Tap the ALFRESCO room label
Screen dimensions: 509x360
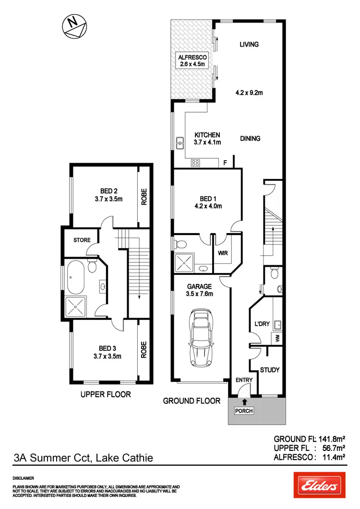click(192, 56)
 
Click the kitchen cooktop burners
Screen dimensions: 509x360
click(196, 162)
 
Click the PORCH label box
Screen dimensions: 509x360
click(244, 411)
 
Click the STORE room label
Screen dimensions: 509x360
click(82, 239)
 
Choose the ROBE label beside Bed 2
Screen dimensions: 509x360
click(144, 196)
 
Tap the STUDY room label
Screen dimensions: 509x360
click(269, 370)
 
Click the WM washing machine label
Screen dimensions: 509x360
click(277, 337)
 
